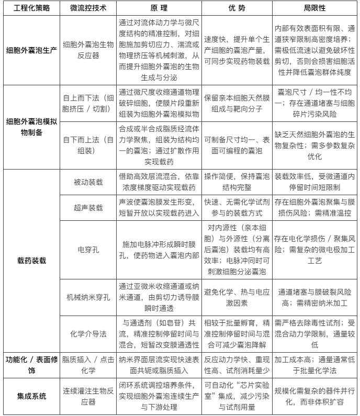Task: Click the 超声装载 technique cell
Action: tap(87, 208)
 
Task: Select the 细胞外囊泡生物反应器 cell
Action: tap(87, 51)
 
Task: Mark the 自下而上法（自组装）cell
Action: tap(87, 145)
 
